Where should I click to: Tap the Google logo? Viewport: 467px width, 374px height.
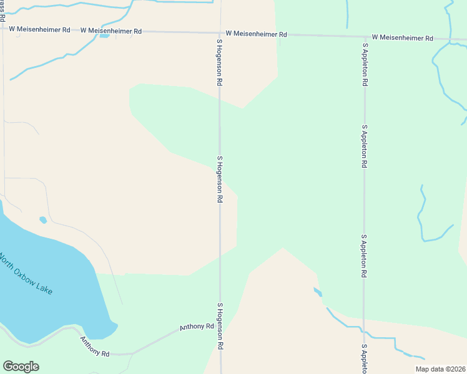coord(21,367)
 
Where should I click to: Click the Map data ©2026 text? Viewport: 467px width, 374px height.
coord(440,369)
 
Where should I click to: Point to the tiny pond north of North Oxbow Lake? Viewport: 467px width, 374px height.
coord(42,219)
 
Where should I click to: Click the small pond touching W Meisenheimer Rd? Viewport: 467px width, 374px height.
coord(104,35)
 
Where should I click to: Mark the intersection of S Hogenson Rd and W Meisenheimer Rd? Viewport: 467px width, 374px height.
coord(219,33)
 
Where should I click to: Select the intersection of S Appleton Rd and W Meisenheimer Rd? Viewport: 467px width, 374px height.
coord(365,36)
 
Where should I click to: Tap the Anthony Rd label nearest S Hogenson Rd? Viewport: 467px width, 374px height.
coord(197,326)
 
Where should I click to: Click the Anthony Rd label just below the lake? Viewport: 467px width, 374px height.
coord(94,347)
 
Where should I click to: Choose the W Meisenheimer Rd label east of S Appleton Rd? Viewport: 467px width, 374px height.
coord(402,38)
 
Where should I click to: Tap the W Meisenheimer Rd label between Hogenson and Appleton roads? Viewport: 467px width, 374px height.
coord(256,34)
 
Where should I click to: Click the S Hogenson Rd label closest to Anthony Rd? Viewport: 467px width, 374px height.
coord(220,326)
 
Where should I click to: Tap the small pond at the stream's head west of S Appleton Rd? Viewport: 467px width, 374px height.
coord(317,291)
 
